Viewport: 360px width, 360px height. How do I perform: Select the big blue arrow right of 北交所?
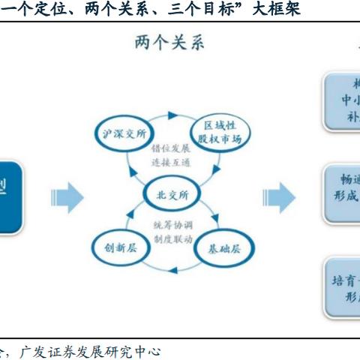pos(278,196)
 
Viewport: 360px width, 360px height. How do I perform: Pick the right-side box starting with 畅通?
pos(342,192)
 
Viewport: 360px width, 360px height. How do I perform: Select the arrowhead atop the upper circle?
pos(172,115)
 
